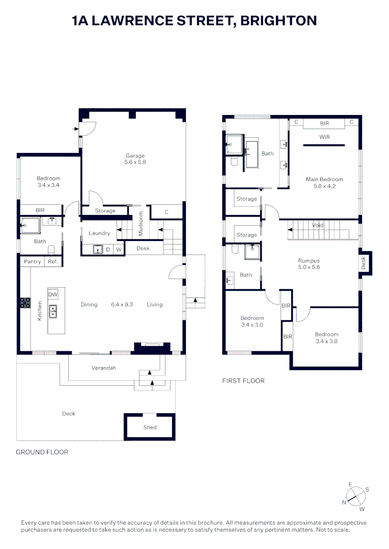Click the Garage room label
[x=135, y=156]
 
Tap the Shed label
[x=150, y=428]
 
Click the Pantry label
[x=33, y=262]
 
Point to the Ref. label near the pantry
[x=53, y=262]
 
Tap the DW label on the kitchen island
[x=53, y=295]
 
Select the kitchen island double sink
[x=53, y=311]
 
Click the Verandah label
[x=104, y=368]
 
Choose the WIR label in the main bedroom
[x=324, y=137]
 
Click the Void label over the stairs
[x=318, y=225]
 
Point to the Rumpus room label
[x=309, y=261]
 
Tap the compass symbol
[x=355, y=496]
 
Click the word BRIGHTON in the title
[x=279, y=21]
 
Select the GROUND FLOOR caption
[x=42, y=452]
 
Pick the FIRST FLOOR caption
[x=243, y=381]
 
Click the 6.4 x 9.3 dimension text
[x=122, y=304]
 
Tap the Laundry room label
[x=99, y=233]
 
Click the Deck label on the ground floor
[x=69, y=414]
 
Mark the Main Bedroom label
[x=324, y=179]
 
